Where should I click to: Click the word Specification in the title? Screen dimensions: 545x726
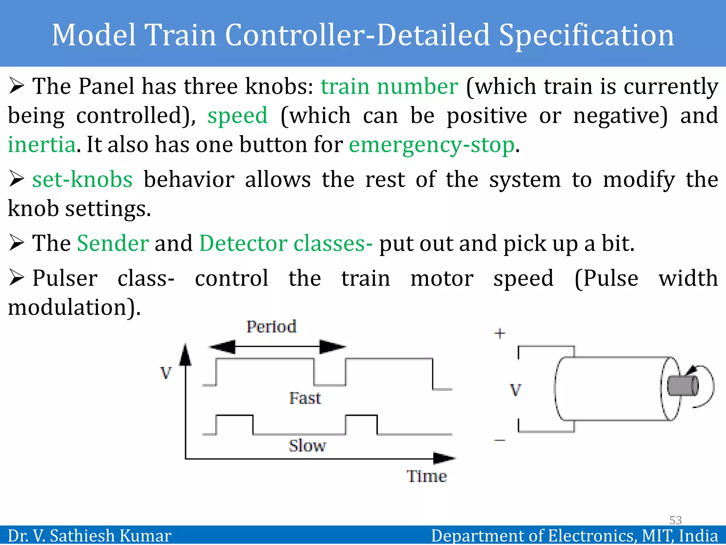(586, 35)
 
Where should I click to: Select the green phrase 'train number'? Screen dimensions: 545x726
(389, 87)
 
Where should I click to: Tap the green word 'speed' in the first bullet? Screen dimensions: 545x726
(237, 116)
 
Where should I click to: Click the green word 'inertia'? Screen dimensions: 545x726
(42, 145)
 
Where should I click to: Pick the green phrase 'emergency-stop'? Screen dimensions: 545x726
(431, 145)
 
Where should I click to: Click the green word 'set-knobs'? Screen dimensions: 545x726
(82, 180)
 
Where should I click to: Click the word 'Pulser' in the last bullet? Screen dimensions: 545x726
(65, 279)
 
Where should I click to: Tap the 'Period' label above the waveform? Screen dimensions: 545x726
(271, 327)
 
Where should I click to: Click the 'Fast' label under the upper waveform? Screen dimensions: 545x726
(305, 398)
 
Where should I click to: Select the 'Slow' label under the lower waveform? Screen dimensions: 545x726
(307, 446)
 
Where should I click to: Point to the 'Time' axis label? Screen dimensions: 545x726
(426, 476)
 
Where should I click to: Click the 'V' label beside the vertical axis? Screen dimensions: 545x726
(166, 373)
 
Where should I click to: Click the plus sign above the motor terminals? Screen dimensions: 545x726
(499, 334)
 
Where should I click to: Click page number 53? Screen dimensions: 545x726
(675, 520)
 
